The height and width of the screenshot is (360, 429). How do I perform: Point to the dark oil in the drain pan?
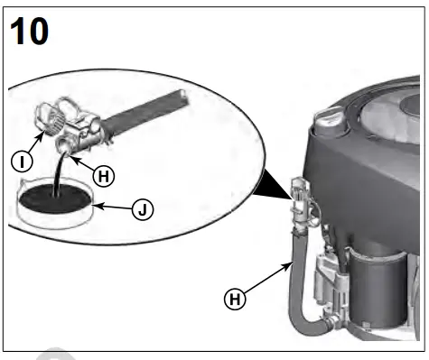pyautogui.click(x=54, y=196)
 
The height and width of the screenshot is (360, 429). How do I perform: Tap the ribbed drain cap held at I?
pyautogui.click(x=48, y=116)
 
